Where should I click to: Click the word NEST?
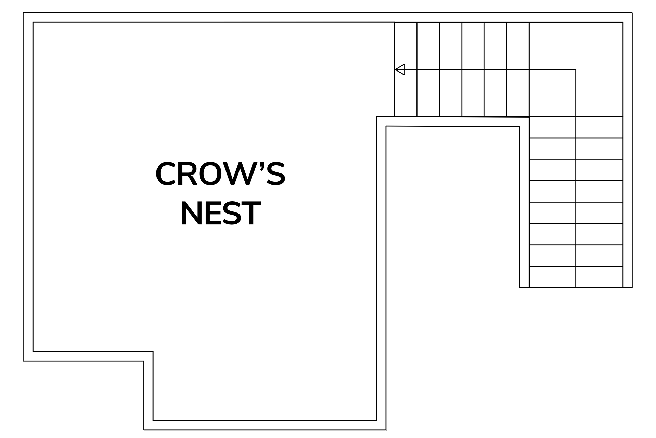coord(220,214)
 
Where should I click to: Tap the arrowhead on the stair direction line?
coord(400,69)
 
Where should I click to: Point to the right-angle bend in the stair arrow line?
coord(576,70)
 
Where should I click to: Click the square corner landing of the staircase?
coord(576,69)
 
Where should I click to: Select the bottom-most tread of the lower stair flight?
coord(576,277)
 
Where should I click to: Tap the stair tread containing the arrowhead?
coord(406,69)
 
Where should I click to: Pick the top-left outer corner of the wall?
coord(24,13)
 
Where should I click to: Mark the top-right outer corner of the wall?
coord(632,13)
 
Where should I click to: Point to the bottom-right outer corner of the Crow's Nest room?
coord(386,430)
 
